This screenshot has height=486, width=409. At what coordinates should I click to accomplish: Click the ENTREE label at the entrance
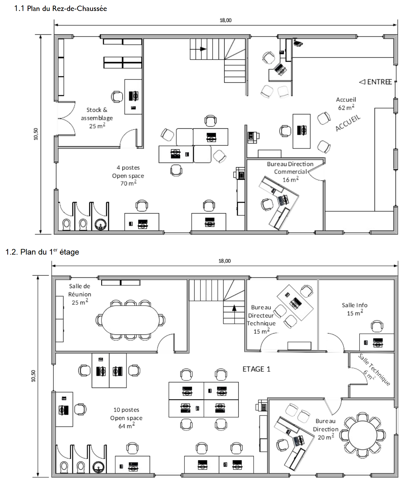point(375,82)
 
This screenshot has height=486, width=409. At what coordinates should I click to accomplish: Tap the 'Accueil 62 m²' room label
point(346,104)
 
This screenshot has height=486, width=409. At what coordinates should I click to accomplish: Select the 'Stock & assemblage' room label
point(97,114)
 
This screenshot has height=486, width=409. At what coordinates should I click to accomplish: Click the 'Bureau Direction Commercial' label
point(290,168)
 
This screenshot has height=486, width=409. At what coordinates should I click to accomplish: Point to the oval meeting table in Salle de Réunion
point(130,320)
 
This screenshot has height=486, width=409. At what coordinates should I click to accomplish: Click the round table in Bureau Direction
point(362,435)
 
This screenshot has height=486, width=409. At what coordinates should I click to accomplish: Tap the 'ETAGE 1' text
point(256,369)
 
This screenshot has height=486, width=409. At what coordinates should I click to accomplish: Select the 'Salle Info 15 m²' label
point(355,309)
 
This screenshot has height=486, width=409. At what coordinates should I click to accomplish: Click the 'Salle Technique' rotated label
point(374,370)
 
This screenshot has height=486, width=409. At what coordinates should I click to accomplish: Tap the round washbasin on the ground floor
point(101,225)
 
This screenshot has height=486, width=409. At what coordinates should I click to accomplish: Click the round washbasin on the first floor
point(98,467)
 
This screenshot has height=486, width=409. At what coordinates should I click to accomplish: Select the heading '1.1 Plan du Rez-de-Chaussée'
point(60,9)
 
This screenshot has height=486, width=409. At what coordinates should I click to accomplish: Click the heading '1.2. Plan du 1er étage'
point(42,252)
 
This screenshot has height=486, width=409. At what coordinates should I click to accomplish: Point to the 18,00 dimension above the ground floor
point(225,20)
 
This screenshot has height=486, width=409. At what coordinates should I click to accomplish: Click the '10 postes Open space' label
point(127,414)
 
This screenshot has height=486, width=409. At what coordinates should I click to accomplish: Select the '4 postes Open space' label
point(128,172)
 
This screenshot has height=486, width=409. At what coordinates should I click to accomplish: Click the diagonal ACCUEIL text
point(348,123)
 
